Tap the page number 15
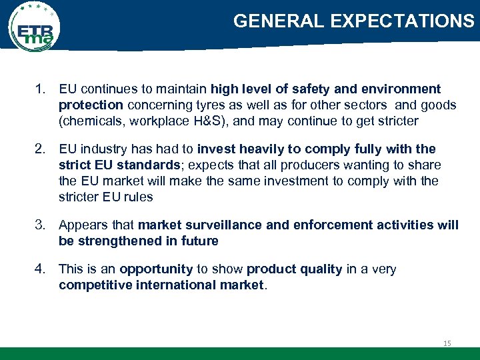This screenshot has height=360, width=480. (x=447, y=343)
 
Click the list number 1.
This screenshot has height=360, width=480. (x=41, y=89)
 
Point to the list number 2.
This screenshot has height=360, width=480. (x=41, y=149)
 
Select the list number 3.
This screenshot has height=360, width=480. (x=41, y=225)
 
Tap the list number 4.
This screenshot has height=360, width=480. (x=41, y=269)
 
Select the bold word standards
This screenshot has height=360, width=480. (x=153, y=165)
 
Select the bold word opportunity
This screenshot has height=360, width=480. (x=156, y=269)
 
